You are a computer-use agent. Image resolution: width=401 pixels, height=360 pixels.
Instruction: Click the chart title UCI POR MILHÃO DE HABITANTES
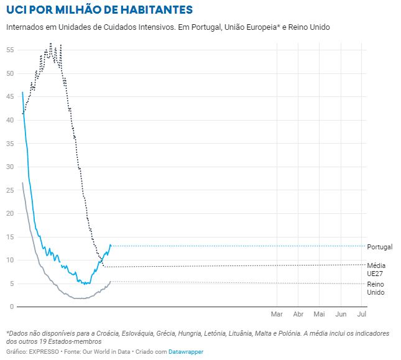tap(99, 11)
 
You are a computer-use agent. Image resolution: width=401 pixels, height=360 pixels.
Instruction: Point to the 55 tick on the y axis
tap(11, 50)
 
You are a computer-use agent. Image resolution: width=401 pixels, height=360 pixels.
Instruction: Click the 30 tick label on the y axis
tap(11, 167)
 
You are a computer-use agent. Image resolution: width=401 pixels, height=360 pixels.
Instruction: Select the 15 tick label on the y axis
tap(11, 236)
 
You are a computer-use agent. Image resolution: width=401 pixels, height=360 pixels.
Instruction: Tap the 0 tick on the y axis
tap(12, 307)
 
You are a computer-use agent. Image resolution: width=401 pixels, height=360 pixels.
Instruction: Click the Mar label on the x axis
tap(277, 314)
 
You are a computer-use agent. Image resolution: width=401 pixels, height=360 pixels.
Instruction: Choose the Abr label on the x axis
tap(298, 314)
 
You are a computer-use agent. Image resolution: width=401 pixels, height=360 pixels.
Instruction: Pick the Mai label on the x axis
tap(320, 314)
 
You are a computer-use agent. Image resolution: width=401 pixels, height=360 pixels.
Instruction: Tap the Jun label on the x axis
tap(341, 314)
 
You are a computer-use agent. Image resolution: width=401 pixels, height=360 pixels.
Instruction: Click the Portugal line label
tap(380, 247)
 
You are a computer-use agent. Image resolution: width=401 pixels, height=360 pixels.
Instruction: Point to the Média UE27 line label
tap(376, 269)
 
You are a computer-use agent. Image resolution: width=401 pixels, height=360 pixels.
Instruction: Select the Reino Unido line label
tap(376, 288)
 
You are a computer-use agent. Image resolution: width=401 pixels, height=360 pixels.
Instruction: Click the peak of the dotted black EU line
tap(51, 44)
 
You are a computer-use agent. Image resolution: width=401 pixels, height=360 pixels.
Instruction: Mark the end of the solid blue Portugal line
tap(111, 245)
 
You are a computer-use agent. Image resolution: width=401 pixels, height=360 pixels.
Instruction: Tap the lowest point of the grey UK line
tap(80, 298)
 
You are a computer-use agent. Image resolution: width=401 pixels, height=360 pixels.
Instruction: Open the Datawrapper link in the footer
tap(186, 352)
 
